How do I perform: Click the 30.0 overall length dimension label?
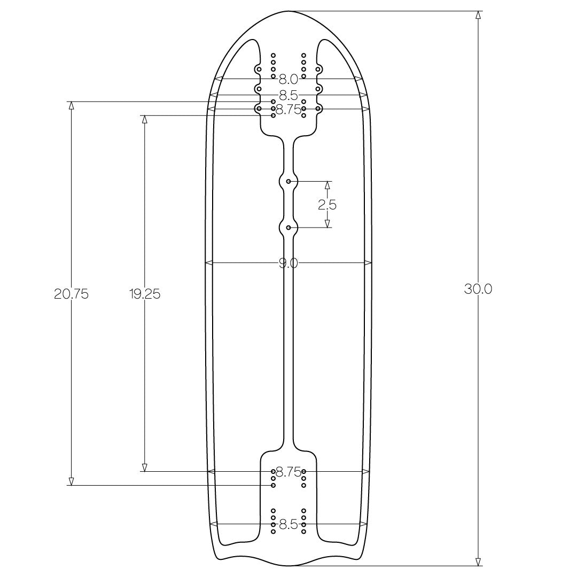click(x=478, y=289)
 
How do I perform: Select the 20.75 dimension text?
click(x=71, y=294)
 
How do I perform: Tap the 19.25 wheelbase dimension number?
click(x=144, y=294)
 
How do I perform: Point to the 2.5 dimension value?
click(x=328, y=205)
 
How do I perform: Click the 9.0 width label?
click(x=288, y=263)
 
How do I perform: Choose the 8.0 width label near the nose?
click(x=288, y=80)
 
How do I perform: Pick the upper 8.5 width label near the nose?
click(x=288, y=95)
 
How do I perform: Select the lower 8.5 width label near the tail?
click(x=288, y=524)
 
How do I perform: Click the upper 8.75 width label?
click(x=288, y=109)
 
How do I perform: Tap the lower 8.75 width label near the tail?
click(x=288, y=472)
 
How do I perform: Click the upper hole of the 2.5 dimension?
click(x=289, y=182)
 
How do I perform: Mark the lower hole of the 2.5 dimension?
click(x=289, y=228)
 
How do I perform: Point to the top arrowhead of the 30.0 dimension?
click(x=478, y=15)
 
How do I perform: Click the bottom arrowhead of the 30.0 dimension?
click(x=478, y=561)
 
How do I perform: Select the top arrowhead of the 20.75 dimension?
click(x=71, y=105)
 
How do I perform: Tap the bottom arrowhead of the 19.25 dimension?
click(x=144, y=467)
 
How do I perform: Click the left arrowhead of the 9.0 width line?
click(x=209, y=263)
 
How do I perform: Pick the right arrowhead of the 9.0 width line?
click(x=368, y=263)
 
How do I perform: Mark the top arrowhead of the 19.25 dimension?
click(x=144, y=119)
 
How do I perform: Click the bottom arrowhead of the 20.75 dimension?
click(x=71, y=481)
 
